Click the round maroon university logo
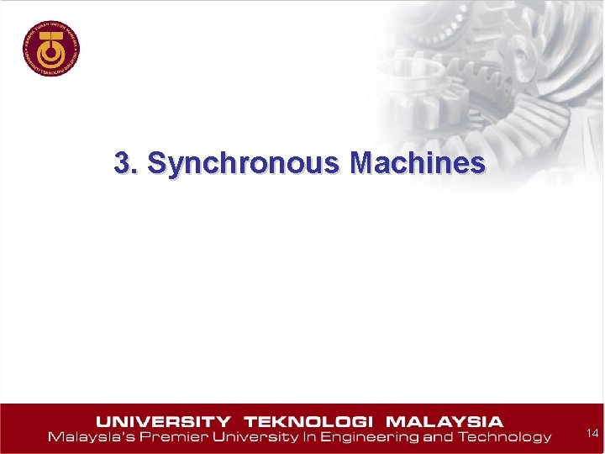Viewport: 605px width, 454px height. pyautogui.click(x=51, y=45)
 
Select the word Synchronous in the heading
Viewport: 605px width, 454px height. pyautogui.click(x=244, y=163)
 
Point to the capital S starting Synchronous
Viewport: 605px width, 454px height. pyautogui.click(x=155, y=162)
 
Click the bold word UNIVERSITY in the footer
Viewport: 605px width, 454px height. pyautogui.click(x=164, y=421)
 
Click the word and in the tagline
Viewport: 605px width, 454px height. pyautogui.click(x=439, y=437)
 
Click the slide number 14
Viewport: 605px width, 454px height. pyautogui.click(x=592, y=433)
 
